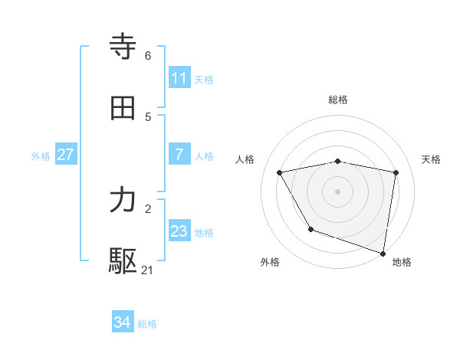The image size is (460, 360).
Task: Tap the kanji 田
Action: (123, 107)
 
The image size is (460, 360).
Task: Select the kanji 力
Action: (123, 201)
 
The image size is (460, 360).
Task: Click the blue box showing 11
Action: (179, 78)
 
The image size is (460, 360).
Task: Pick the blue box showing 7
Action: (179, 155)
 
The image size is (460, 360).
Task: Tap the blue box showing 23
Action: (179, 231)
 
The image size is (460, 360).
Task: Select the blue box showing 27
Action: (65, 155)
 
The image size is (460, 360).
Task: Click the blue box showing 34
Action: (122, 323)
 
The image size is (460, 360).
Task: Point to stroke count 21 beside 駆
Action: (148, 270)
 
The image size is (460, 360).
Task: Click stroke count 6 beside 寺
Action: (148, 55)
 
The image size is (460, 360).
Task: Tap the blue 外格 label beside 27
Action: (41, 155)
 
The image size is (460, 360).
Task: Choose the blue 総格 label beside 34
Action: (147, 324)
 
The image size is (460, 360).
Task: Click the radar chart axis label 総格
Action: (338, 100)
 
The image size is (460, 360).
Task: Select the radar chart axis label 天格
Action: (432, 159)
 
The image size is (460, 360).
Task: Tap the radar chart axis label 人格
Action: (245, 159)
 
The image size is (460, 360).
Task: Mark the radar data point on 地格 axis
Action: (383, 253)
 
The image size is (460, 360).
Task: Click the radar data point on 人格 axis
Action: (280, 172)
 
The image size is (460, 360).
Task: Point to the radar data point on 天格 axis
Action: (396, 172)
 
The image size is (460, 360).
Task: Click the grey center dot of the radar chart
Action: (338, 191)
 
